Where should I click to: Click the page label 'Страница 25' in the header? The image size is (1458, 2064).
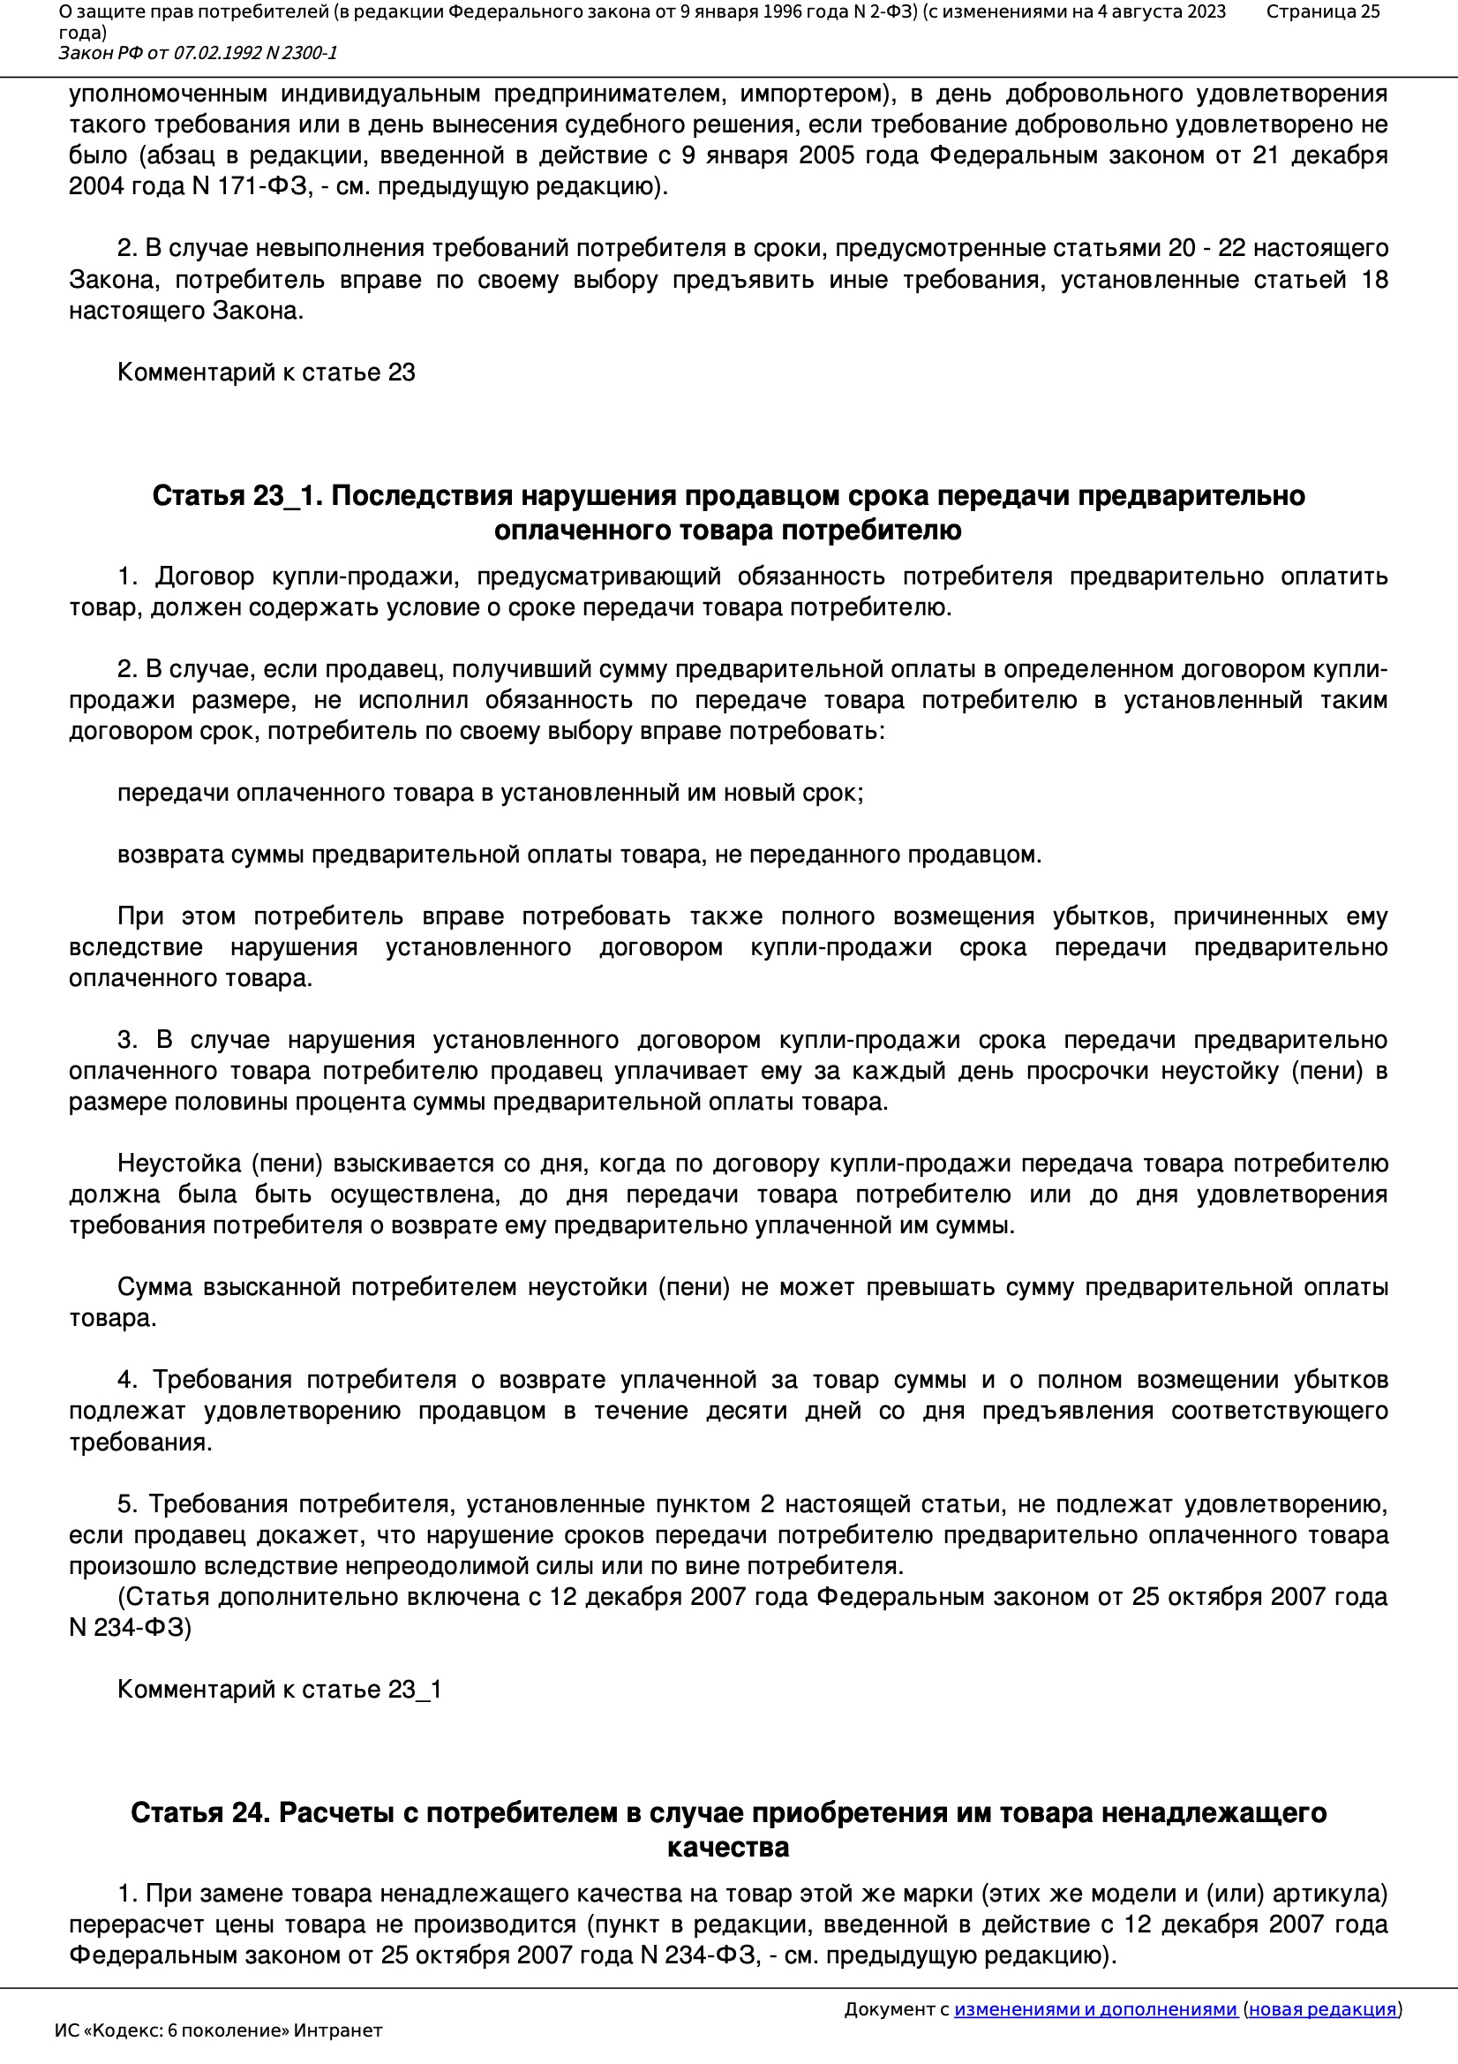click(1322, 11)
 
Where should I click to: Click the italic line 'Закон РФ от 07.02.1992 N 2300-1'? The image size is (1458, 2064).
click(198, 53)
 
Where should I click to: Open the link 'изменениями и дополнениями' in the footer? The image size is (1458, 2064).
click(1095, 2009)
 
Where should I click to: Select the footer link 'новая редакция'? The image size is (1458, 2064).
click(1322, 2009)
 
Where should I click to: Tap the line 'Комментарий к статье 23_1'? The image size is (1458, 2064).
click(280, 1689)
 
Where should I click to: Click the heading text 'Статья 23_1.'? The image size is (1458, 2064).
click(237, 495)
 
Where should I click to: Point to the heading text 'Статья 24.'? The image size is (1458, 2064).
click(199, 1813)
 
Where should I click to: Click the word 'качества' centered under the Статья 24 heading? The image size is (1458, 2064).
click(728, 1848)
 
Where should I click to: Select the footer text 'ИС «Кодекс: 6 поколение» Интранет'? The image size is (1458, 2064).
click(218, 2030)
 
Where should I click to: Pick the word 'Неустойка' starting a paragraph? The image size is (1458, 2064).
click(175, 1164)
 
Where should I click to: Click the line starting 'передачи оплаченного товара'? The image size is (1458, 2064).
click(490, 793)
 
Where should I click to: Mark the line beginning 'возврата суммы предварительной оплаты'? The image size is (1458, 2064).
click(579, 855)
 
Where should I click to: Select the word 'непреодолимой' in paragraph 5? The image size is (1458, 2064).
click(424, 1566)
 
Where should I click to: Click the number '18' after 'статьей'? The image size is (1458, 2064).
click(1374, 280)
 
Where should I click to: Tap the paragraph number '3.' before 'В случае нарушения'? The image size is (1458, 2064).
click(127, 1040)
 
